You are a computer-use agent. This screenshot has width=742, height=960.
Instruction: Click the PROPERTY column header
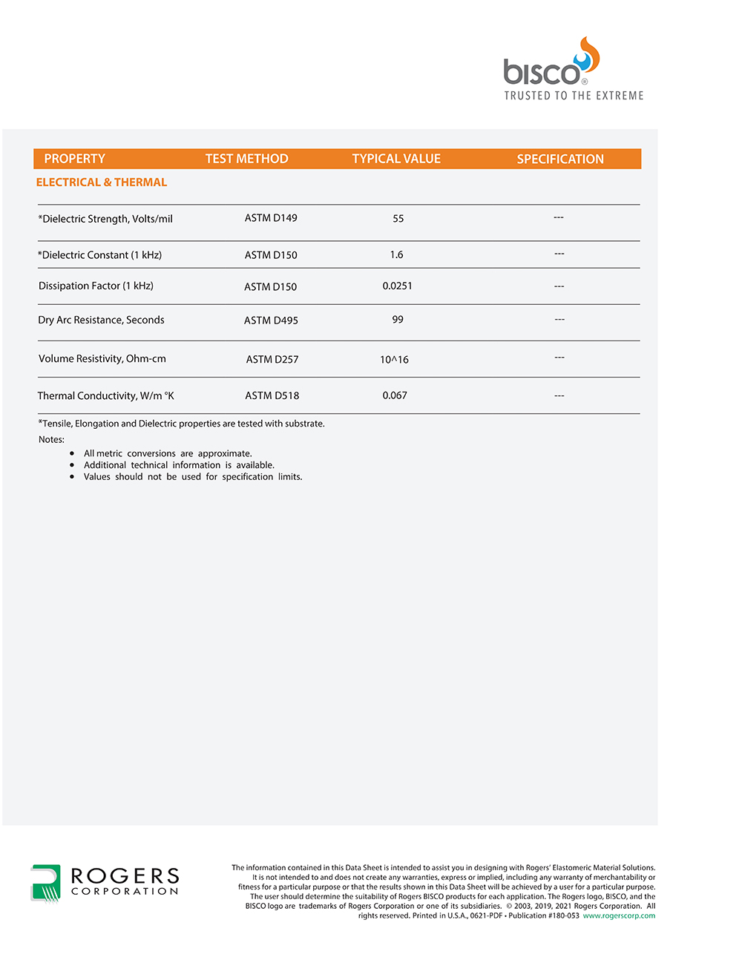click(74, 159)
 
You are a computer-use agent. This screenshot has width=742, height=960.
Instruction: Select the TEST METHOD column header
click(246, 159)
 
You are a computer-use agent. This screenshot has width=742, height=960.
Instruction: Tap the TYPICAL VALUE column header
click(396, 159)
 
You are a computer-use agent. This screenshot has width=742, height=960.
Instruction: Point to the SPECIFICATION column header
click(560, 159)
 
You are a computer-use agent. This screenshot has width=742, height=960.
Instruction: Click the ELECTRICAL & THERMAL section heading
click(102, 183)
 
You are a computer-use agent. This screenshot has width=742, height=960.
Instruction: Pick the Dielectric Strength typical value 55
click(398, 219)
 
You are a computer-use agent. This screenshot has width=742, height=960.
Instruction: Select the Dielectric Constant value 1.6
click(397, 254)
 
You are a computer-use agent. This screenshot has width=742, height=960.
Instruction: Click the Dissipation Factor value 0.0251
click(398, 286)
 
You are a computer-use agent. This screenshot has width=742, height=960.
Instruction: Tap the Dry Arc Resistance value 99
click(398, 320)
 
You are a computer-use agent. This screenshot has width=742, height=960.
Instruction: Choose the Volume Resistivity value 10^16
click(394, 360)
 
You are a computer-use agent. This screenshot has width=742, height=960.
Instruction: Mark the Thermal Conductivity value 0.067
click(395, 395)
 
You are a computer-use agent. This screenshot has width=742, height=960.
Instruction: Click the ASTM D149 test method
click(271, 218)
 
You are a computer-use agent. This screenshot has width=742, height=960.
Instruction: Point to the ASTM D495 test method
click(271, 320)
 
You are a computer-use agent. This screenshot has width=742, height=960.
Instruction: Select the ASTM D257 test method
click(272, 360)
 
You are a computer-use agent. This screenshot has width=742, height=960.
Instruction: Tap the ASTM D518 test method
click(272, 395)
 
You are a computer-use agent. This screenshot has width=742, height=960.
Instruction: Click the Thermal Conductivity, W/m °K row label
click(106, 396)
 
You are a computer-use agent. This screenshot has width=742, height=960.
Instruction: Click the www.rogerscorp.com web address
click(619, 915)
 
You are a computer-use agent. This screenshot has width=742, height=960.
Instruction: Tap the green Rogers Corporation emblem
click(46, 883)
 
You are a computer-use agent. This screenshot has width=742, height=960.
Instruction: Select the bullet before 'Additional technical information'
click(72, 465)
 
